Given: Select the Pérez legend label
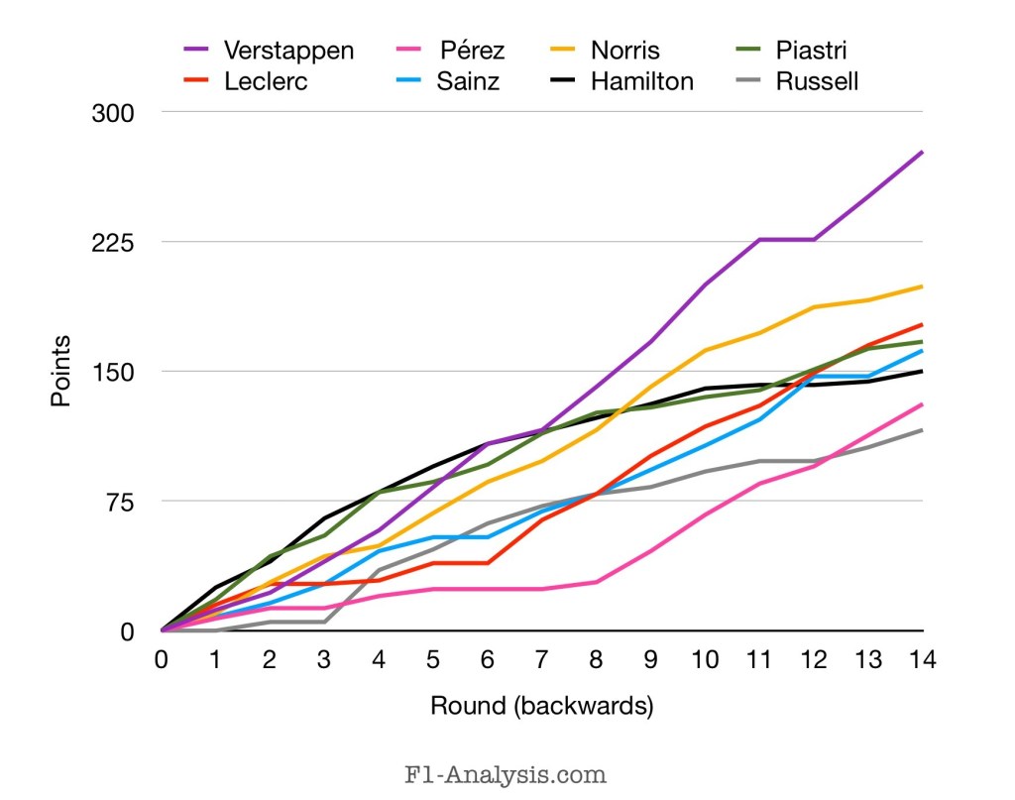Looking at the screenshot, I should coord(471,51).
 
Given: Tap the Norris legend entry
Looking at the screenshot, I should coord(624,51).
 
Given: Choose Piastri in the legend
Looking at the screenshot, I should coord(812,51).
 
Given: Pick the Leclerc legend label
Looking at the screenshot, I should coord(266,81).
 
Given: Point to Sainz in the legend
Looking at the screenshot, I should coord(468,81).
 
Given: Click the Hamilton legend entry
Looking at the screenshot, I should coord(642,81).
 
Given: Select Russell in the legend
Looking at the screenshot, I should coord(817,81).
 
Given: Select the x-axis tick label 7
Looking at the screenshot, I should coord(542,658).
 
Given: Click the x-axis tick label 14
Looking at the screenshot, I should coord(922,658).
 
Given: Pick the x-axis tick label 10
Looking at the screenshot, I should coord(704,658).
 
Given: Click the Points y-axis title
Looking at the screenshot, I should coord(61,371).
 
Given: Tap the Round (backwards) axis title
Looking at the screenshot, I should coord(541,706).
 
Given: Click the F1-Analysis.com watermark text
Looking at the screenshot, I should coord(506,772).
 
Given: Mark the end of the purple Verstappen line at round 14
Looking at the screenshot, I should coord(922,152).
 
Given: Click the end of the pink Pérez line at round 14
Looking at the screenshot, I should coord(922,404).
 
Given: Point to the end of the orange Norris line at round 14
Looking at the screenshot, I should coord(922,286).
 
